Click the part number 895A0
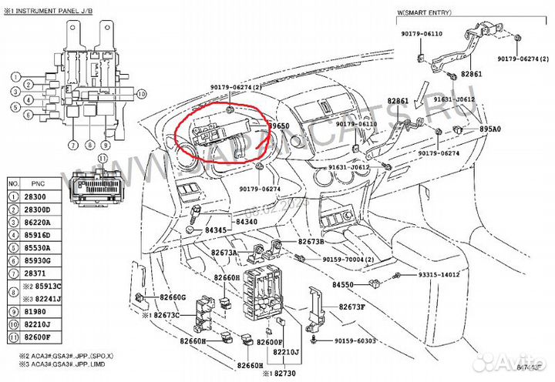click(490, 129)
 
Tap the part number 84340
click(247, 223)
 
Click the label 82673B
click(311, 242)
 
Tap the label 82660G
click(173, 297)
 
